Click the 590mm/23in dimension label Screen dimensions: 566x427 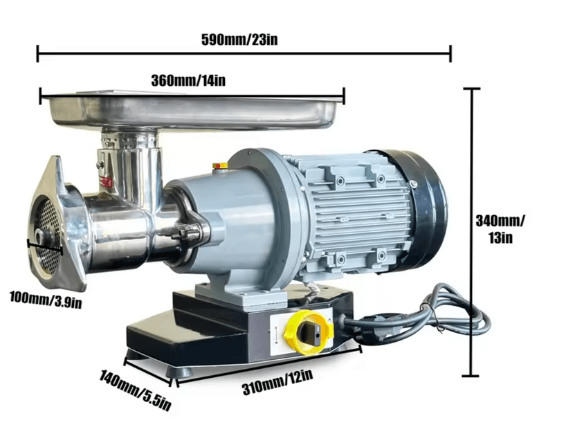(x=239, y=39)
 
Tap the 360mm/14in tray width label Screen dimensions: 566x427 (x=188, y=80)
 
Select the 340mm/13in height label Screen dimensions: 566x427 (x=500, y=229)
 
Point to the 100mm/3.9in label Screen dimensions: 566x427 (x=46, y=300)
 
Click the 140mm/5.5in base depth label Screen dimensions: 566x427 (x=136, y=390)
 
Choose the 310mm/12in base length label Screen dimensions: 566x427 (x=277, y=381)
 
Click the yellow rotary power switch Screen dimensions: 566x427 (x=309, y=332)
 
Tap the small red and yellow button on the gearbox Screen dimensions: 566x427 (x=220, y=165)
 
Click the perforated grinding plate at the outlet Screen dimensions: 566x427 (x=46, y=235)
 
